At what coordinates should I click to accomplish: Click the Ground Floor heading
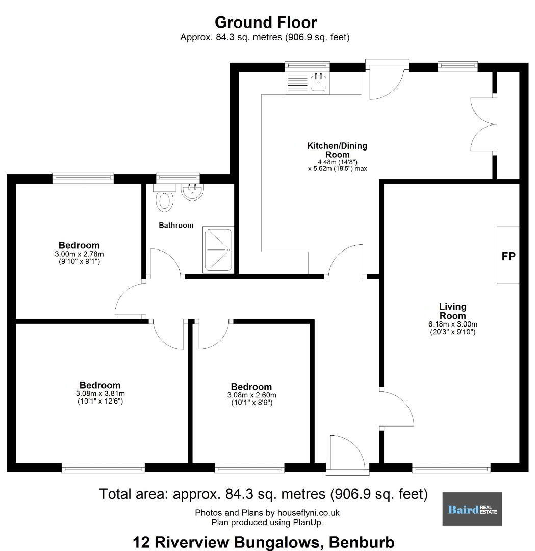[266, 22]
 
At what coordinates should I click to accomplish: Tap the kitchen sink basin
[319, 83]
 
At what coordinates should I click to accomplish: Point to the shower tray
[218, 249]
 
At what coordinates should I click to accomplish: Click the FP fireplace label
[508, 256]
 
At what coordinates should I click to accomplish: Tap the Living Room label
[453, 311]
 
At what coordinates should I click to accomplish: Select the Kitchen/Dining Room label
[337, 150]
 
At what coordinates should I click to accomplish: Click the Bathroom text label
[176, 226]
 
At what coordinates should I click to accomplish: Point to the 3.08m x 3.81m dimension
[100, 393]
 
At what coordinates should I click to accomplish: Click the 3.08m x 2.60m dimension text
[251, 395]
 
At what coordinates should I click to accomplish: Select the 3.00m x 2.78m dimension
[79, 254]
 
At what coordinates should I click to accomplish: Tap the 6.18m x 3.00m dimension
[453, 324]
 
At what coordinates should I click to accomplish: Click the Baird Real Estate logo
[472, 509]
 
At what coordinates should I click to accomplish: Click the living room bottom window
[451, 468]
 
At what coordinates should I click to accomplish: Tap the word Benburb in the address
[362, 542]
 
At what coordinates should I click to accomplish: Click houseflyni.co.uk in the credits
[309, 513]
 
